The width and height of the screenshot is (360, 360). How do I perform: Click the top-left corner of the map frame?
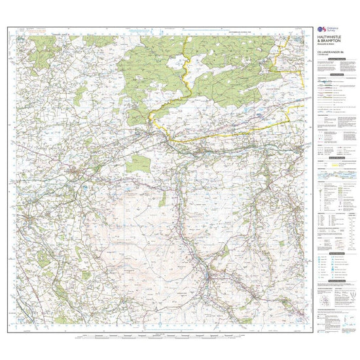point(8,27)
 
